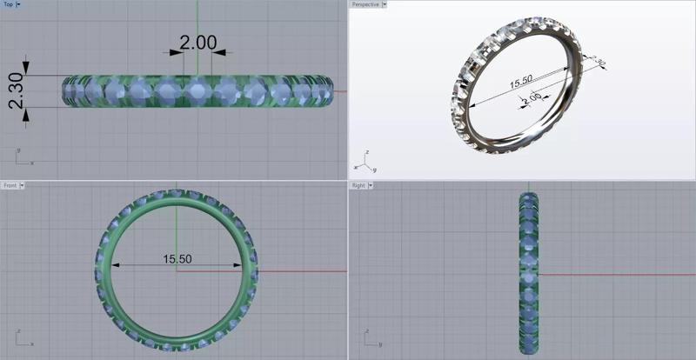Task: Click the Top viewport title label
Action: coord(8,4)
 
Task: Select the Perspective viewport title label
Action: coord(364,4)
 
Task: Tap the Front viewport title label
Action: coord(10,185)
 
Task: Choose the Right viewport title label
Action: coord(358,185)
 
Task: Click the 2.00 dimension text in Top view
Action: coord(197,42)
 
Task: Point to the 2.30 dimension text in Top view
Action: coord(16,90)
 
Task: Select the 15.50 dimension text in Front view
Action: coord(177,259)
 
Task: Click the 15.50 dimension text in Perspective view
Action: coord(520,83)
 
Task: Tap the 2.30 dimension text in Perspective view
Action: coord(597,63)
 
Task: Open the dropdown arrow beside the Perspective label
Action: coord(385,4)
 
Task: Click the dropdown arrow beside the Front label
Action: coord(23,185)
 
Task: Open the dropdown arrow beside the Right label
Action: coord(371,185)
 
